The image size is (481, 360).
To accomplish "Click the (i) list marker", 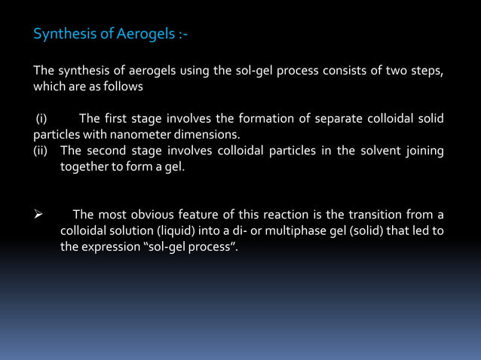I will [x=42, y=119].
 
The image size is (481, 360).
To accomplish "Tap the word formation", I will [x=265, y=119].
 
